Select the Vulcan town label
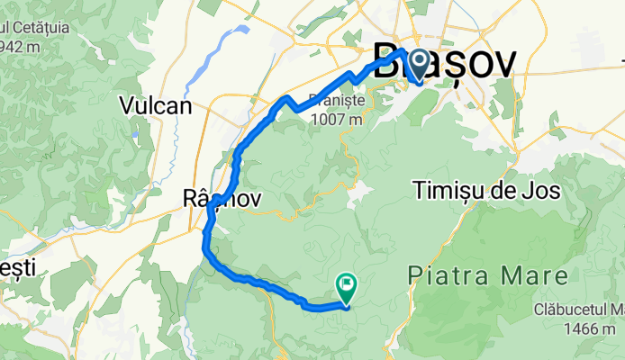click(156, 105)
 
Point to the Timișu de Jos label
click(487, 191)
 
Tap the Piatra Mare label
click(487, 273)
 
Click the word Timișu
click(448, 191)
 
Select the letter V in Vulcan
click(127, 105)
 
